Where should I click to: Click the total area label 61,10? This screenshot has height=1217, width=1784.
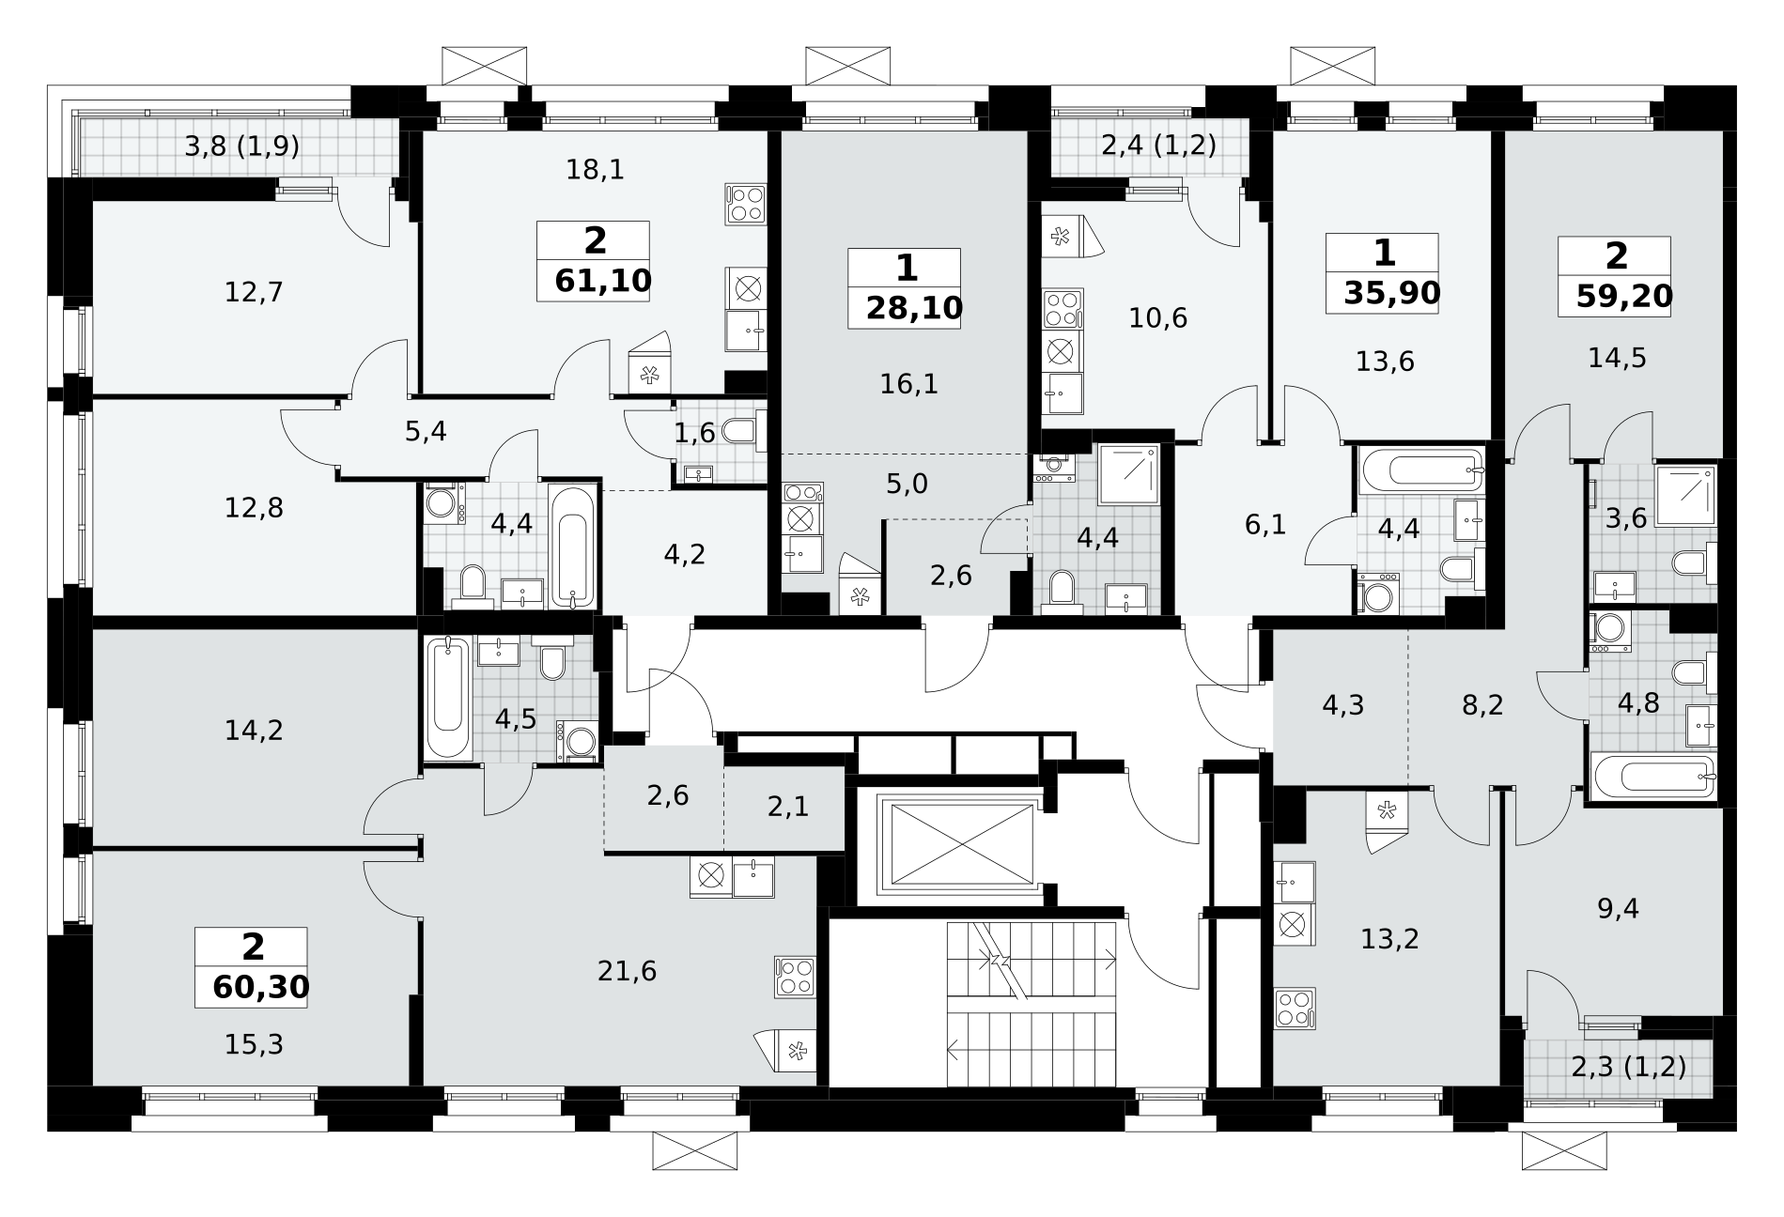[x=603, y=281]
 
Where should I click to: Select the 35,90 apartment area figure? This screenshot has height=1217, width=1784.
[x=1391, y=293]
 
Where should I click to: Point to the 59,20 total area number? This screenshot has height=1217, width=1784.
[x=1624, y=296]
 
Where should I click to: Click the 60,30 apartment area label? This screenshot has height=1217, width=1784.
[x=261, y=987]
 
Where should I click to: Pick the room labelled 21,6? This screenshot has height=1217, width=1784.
[x=627, y=971]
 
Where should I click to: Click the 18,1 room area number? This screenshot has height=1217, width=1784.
[x=596, y=170]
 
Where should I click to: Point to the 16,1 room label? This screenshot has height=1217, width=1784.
[x=909, y=383]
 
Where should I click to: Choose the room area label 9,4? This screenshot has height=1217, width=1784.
[x=1618, y=908]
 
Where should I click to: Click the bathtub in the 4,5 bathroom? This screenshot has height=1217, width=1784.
[x=448, y=698]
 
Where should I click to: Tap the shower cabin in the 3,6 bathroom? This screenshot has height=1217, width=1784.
[x=1685, y=493]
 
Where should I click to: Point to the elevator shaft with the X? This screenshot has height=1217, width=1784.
[x=959, y=843]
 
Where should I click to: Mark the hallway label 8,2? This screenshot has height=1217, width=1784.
[x=1482, y=704]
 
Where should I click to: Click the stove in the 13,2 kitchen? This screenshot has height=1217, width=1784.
[x=1295, y=1008]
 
